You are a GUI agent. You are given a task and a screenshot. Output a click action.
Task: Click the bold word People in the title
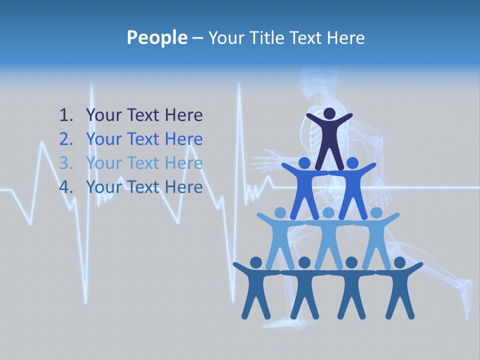tap(156, 37)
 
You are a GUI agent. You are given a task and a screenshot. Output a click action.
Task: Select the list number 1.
tap(66, 115)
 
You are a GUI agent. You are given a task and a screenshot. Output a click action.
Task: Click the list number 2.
tap(66, 139)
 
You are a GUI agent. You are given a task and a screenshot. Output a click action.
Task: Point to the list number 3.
tap(66, 163)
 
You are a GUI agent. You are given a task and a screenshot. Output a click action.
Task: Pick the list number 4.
tap(66, 187)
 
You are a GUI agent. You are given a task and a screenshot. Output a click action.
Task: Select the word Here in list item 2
tap(183, 139)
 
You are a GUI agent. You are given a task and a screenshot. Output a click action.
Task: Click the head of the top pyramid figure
tap(329, 113)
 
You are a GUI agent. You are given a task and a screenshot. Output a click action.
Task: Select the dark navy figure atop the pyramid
tap(329, 140)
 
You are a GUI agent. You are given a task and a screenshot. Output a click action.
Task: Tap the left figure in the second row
tap(304, 187)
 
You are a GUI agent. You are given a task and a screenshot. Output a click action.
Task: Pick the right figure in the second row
tap(353, 187)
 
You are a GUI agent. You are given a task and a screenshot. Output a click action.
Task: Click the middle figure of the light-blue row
tap(328, 237)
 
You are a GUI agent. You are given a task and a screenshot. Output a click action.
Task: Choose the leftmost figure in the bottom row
tap(256, 287)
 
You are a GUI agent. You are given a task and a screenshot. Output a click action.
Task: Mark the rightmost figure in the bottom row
tap(399, 287)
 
